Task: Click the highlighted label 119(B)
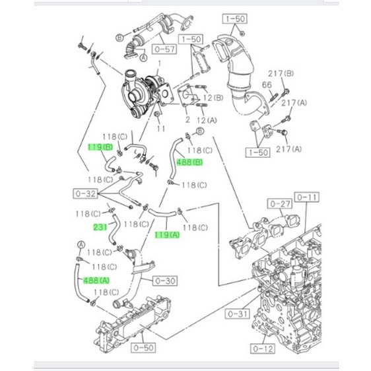(x=100, y=147)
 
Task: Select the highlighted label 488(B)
(x=189, y=162)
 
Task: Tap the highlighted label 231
(x=100, y=227)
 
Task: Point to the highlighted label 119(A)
(x=167, y=235)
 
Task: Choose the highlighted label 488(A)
(x=96, y=281)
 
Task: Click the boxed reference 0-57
(x=164, y=50)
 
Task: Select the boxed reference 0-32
(x=85, y=193)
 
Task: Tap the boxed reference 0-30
(x=165, y=281)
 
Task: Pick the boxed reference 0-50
(x=143, y=348)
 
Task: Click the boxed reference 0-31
(x=237, y=314)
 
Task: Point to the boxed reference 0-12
(x=263, y=349)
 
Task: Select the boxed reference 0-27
(x=280, y=203)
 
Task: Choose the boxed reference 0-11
(x=307, y=197)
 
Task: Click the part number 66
(x=267, y=85)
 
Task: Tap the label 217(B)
(x=281, y=73)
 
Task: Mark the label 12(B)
(x=213, y=98)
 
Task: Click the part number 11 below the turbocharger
(x=161, y=129)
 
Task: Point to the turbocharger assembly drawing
(x=147, y=94)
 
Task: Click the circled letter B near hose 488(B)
(x=200, y=131)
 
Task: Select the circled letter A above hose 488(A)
(x=81, y=245)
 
